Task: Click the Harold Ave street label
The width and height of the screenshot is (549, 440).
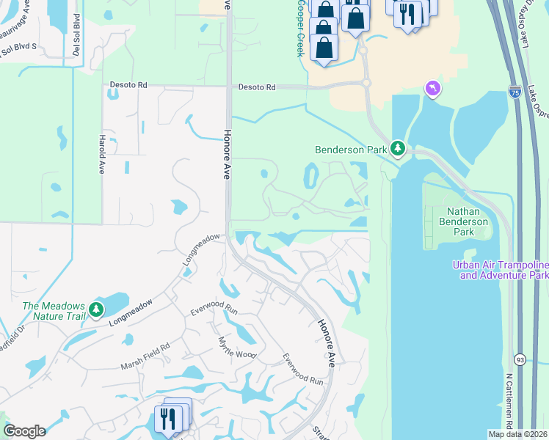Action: click(101, 153)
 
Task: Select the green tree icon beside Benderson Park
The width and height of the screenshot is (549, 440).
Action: click(398, 149)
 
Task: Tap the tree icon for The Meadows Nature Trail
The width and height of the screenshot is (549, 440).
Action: click(96, 311)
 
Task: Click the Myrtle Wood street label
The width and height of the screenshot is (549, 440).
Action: click(237, 348)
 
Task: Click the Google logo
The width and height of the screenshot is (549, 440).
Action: click(24, 431)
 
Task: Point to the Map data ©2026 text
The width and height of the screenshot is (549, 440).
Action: click(517, 434)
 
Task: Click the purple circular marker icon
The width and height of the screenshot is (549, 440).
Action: click(433, 89)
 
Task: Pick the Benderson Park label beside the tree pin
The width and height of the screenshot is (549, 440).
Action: click(351, 150)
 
